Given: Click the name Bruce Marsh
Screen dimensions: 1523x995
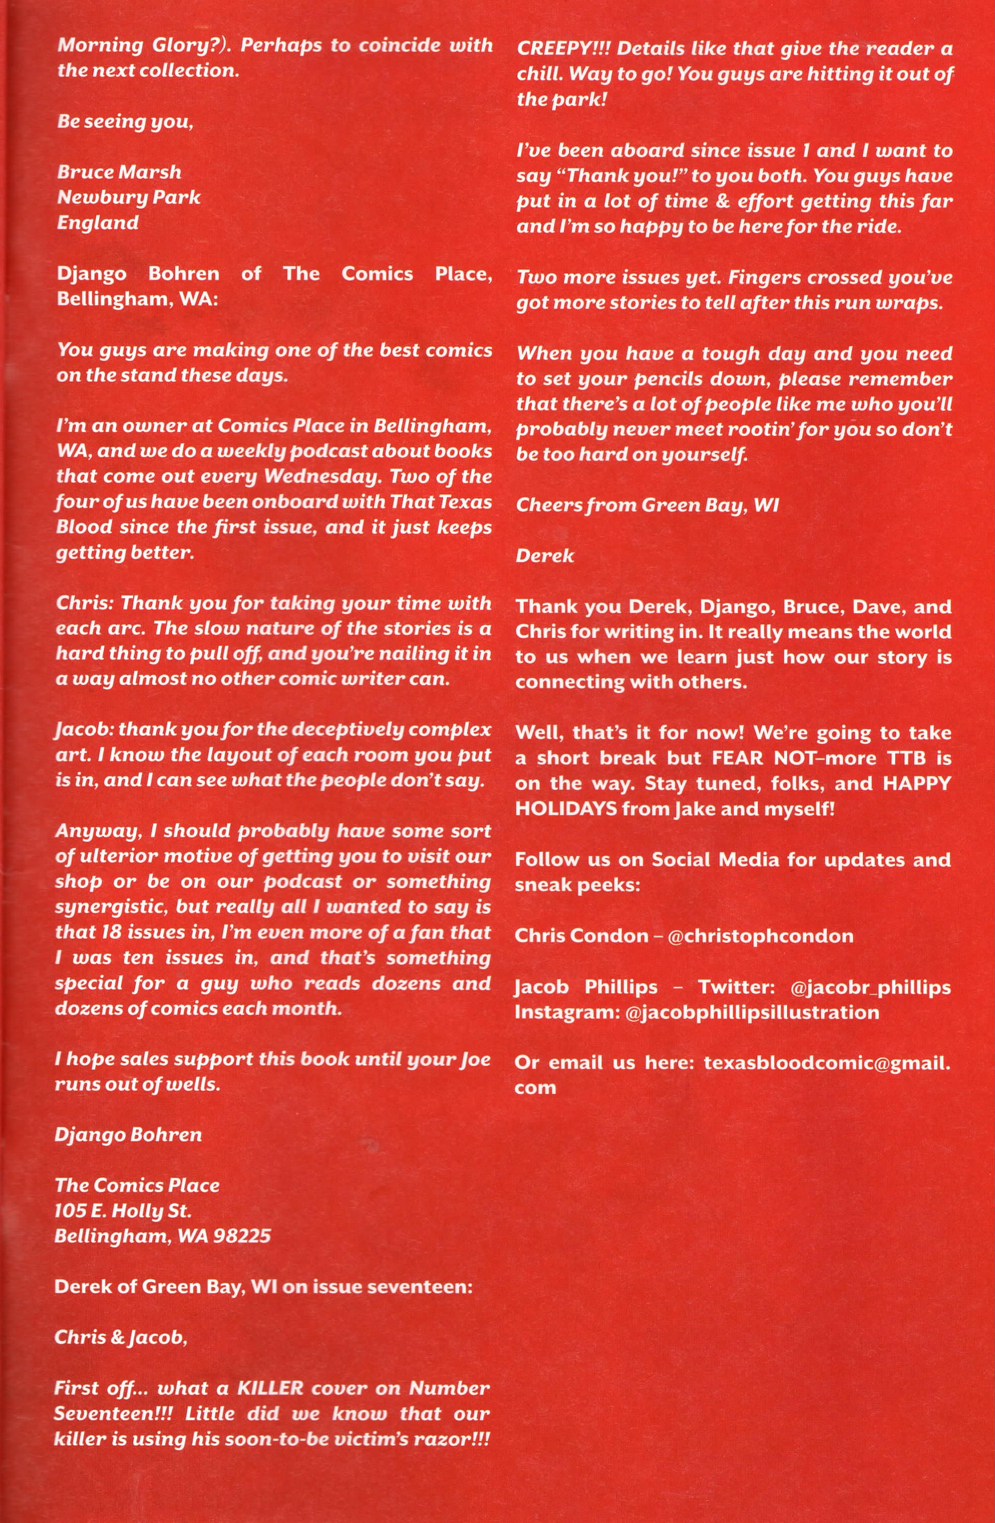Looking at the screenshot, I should (119, 172).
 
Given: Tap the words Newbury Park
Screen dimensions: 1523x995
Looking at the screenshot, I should (129, 197).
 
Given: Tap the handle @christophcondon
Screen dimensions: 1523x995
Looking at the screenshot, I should (760, 936).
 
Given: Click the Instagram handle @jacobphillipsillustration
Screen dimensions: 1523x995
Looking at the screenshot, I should (751, 1012).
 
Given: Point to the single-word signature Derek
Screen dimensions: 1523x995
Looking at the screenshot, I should (544, 556).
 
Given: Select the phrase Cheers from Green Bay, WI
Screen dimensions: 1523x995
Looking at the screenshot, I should (647, 505).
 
